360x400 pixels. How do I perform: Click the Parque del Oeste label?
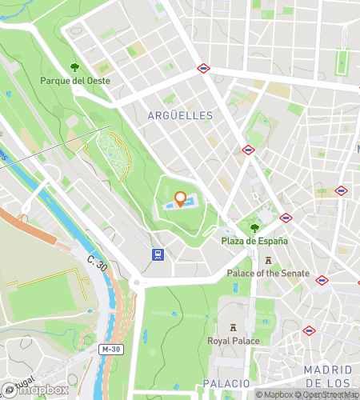[75, 81]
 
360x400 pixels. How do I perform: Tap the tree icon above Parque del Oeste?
[75, 67]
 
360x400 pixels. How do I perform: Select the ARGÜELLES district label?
[181, 116]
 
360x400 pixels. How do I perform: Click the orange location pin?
[181, 198]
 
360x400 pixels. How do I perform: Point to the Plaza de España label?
[254, 241]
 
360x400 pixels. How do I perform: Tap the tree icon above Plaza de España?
[254, 228]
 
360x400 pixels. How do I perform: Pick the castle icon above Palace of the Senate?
[268, 261]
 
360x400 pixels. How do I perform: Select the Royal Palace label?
[233, 342]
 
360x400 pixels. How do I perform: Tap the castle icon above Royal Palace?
[233, 328]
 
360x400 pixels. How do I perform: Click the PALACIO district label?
[226, 383]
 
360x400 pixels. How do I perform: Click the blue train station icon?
[158, 255]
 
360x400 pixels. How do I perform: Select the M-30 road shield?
[110, 350]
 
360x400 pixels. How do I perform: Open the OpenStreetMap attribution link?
[330, 394]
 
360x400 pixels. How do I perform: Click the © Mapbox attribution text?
[277, 394]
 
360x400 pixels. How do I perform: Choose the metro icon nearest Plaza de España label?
[286, 218]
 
